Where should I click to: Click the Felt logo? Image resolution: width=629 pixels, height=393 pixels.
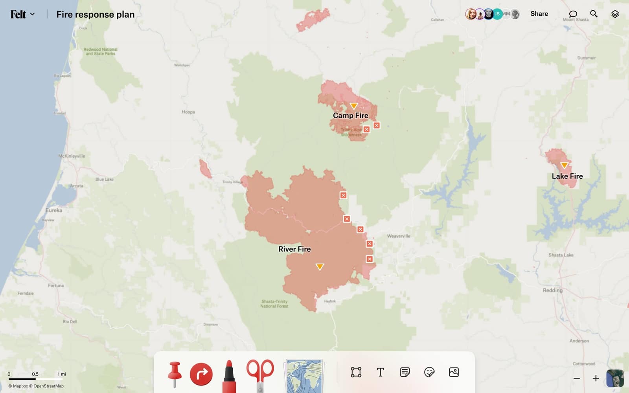click(x=18, y=15)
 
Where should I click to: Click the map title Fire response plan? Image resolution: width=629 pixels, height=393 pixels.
click(x=95, y=15)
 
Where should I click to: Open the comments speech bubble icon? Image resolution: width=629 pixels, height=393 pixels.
click(x=573, y=14)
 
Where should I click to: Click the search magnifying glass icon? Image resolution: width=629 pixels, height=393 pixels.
click(x=594, y=14)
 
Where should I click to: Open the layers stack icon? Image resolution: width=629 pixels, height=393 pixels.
click(x=615, y=14)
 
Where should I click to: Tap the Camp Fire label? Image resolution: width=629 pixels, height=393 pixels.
click(x=350, y=116)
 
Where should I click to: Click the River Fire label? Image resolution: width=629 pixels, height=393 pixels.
click(x=294, y=249)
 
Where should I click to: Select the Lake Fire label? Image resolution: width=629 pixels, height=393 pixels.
click(x=567, y=176)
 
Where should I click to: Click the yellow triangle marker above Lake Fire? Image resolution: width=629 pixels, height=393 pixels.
click(x=564, y=165)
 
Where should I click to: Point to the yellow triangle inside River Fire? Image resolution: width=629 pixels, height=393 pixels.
click(x=320, y=267)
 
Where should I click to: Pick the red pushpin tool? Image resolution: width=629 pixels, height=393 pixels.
click(x=174, y=374)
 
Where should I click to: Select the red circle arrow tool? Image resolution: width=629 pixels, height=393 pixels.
click(x=201, y=374)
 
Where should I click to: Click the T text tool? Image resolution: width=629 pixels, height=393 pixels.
click(x=380, y=372)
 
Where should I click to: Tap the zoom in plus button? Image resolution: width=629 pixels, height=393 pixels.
click(x=596, y=378)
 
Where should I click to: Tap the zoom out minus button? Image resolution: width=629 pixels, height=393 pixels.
click(x=576, y=378)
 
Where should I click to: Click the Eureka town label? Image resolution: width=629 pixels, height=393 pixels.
click(x=53, y=210)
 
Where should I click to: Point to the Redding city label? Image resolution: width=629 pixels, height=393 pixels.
click(x=552, y=290)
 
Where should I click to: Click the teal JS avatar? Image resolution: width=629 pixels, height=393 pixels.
click(x=497, y=14)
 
